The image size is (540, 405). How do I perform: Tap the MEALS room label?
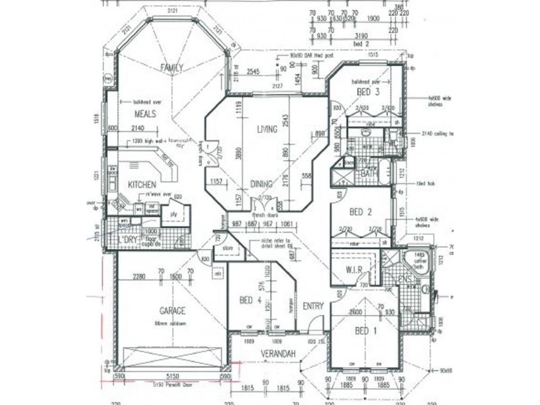pyautogui.click(x=145, y=114)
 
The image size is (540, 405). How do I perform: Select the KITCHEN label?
pyautogui.click(x=142, y=184)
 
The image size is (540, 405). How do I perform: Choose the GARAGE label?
pyautogui.click(x=173, y=310)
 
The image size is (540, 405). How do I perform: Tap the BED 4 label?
pyautogui.click(x=250, y=300)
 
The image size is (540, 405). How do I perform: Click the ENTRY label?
pyautogui.click(x=313, y=306)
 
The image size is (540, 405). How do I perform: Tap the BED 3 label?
pyautogui.click(x=369, y=92)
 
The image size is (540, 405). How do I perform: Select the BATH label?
pyautogui.click(x=368, y=173)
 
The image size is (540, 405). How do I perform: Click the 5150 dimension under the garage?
pyautogui.click(x=175, y=376)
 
